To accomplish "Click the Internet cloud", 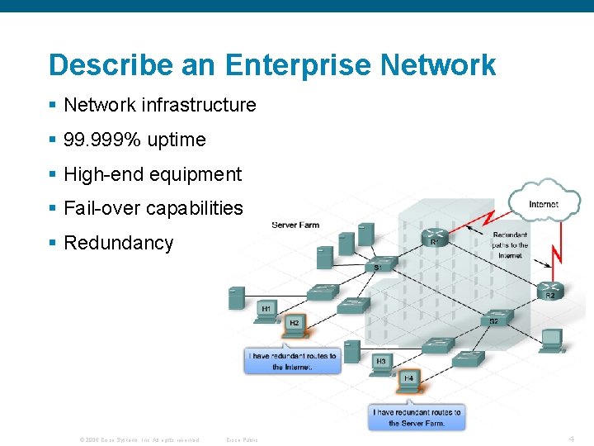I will pyautogui.click(x=543, y=202).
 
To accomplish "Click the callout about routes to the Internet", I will pyautogui.click(x=293, y=361).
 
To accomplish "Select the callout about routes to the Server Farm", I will pyautogui.click(x=417, y=417).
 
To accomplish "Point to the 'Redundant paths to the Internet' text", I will pyautogui.click(x=510, y=245).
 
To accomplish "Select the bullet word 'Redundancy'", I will pyautogui.click(x=118, y=243).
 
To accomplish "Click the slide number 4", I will pyautogui.click(x=571, y=439).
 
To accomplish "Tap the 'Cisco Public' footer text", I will pyautogui.click(x=242, y=439).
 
